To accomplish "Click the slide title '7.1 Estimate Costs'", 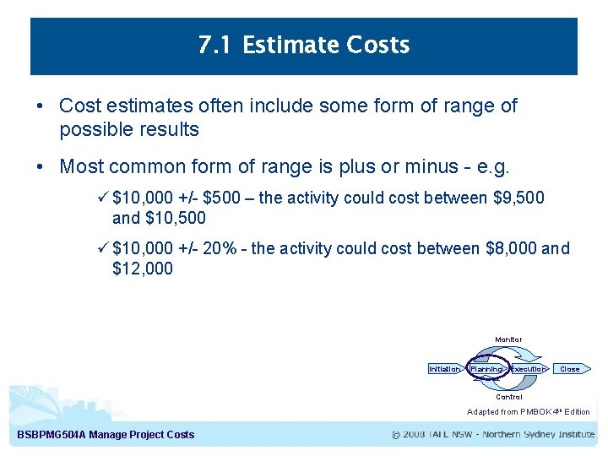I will [x=304, y=46].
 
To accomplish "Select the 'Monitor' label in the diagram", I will [x=508, y=339].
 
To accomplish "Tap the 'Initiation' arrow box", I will [x=444, y=369].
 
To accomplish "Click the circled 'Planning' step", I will [x=486, y=369].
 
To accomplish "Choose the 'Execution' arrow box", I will [x=529, y=369].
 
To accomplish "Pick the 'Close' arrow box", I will [x=572, y=369].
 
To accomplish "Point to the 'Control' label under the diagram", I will [x=508, y=397].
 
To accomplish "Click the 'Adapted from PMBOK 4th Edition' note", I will [x=528, y=412].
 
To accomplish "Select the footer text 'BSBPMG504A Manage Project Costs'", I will [x=106, y=435].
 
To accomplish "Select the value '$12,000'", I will [x=142, y=269].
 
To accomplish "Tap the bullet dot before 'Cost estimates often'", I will [x=41, y=106].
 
